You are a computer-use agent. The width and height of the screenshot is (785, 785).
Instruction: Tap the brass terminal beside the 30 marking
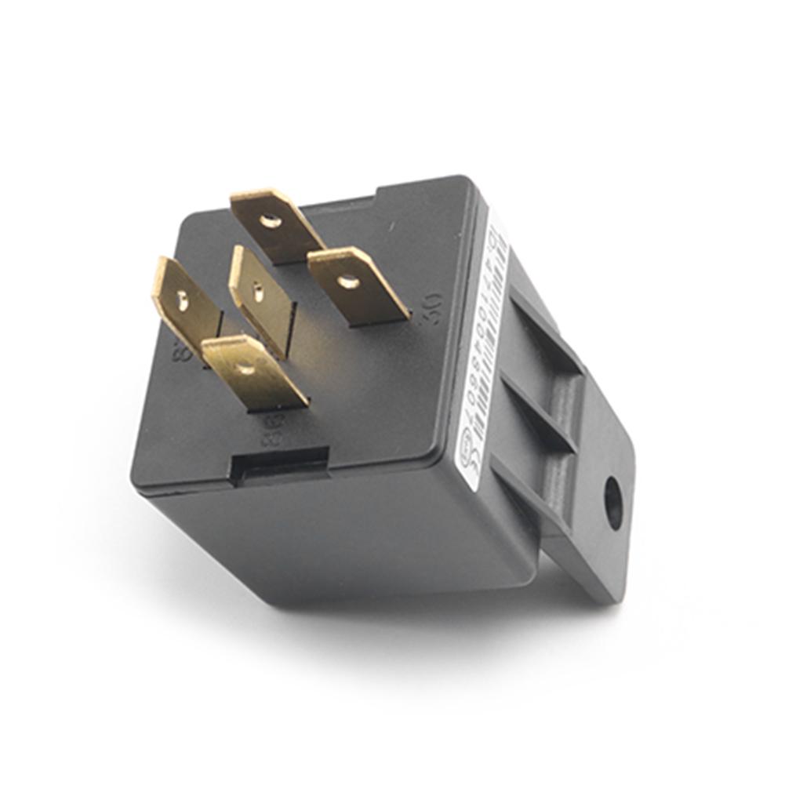pos(358,285)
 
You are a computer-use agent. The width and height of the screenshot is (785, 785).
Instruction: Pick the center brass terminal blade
pos(261,298)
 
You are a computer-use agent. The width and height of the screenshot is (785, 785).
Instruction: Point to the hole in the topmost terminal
pos(271,221)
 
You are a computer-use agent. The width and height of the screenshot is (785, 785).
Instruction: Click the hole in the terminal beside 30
pos(348,280)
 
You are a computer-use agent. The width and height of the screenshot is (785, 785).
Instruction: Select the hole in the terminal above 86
pos(246,368)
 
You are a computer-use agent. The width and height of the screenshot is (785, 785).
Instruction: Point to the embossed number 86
pos(271,431)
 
